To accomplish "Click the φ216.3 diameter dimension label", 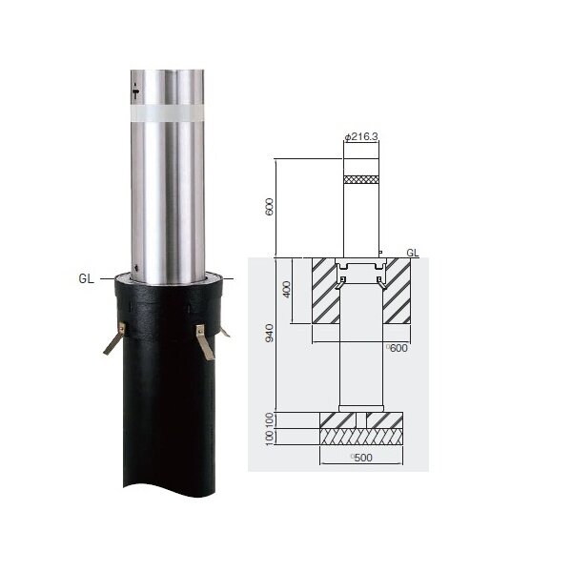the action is (x=361, y=136).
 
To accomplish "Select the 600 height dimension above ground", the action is (x=269, y=207).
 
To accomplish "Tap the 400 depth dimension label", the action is (x=287, y=289).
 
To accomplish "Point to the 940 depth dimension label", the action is (x=269, y=333).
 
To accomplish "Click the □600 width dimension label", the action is (x=397, y=348).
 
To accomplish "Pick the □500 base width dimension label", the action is (x=361, y=458).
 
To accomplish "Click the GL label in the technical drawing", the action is (x=413, y=253).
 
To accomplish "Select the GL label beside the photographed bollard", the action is (x=86, y=278).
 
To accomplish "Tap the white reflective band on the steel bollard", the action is (x=168, y=112).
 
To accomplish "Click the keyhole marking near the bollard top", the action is (x=135, y=92).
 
